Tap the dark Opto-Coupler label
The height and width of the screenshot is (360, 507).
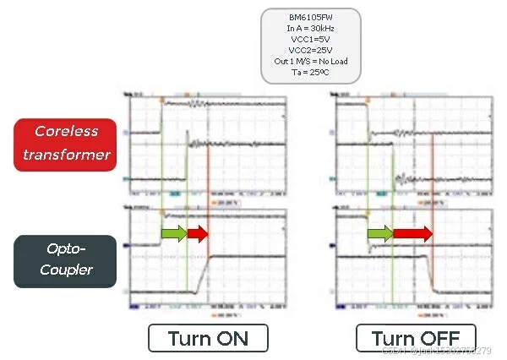66,261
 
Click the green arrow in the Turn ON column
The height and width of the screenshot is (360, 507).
173,233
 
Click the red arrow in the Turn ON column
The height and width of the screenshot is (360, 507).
198,233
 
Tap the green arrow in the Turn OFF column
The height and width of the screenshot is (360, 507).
379,233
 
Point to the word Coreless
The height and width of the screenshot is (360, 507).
67,131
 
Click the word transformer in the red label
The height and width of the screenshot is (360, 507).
67,155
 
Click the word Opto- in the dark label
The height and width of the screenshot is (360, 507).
67,250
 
